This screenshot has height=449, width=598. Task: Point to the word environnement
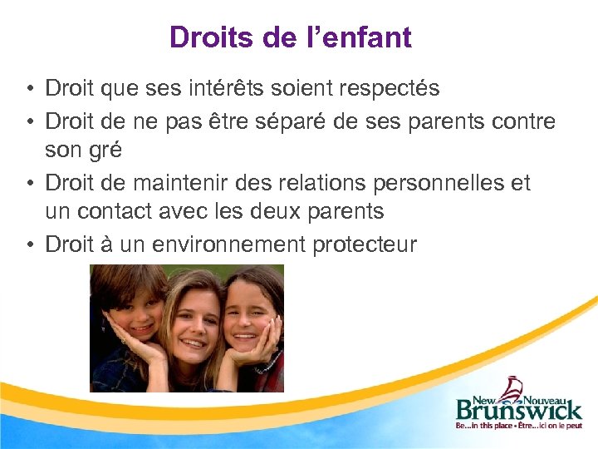212,244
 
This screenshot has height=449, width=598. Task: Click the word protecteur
365,244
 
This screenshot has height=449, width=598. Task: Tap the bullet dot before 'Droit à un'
29,244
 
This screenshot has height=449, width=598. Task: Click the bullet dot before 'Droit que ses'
29,87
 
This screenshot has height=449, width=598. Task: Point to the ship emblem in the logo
516,387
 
